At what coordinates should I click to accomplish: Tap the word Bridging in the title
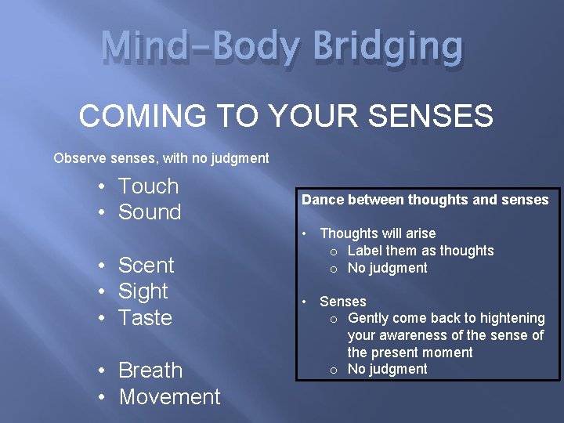click(388, 47)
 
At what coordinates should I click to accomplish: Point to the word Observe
click(78, 158)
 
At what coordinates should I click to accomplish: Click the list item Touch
click(148, 186)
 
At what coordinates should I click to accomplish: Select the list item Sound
click(150, 212)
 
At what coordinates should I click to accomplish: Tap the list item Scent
click(146, 265)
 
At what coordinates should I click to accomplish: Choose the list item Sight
click(143, 291)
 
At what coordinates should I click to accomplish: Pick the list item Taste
click(145, 317)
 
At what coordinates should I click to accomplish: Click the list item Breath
click(150, 370)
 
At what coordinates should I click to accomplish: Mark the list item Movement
click(169, 396)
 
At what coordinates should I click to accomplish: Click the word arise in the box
click(419, 233)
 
